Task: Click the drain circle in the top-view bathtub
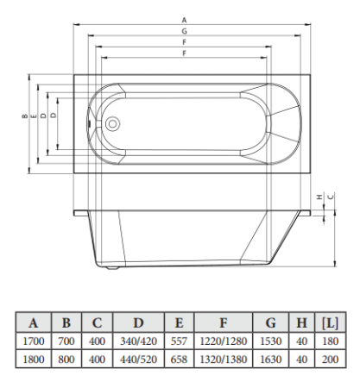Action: coord(111,124)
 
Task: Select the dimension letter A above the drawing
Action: coord(184,19)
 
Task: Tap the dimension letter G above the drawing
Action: coord(184,30)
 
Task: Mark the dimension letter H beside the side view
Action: coord(319,197)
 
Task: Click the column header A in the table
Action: coord(34,323)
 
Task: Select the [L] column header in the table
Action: coord(329,323)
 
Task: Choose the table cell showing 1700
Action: coord(34,342)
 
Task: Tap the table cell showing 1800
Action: coord(34,359)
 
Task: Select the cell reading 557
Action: coord(179,342)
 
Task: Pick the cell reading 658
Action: coord(179,359)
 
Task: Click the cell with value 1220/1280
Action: coord(223,342)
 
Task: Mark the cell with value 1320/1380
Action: coord(223,359)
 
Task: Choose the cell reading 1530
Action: coord(270,342)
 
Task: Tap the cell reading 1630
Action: coord(270,359)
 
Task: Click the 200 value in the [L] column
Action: coord(329,359)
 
